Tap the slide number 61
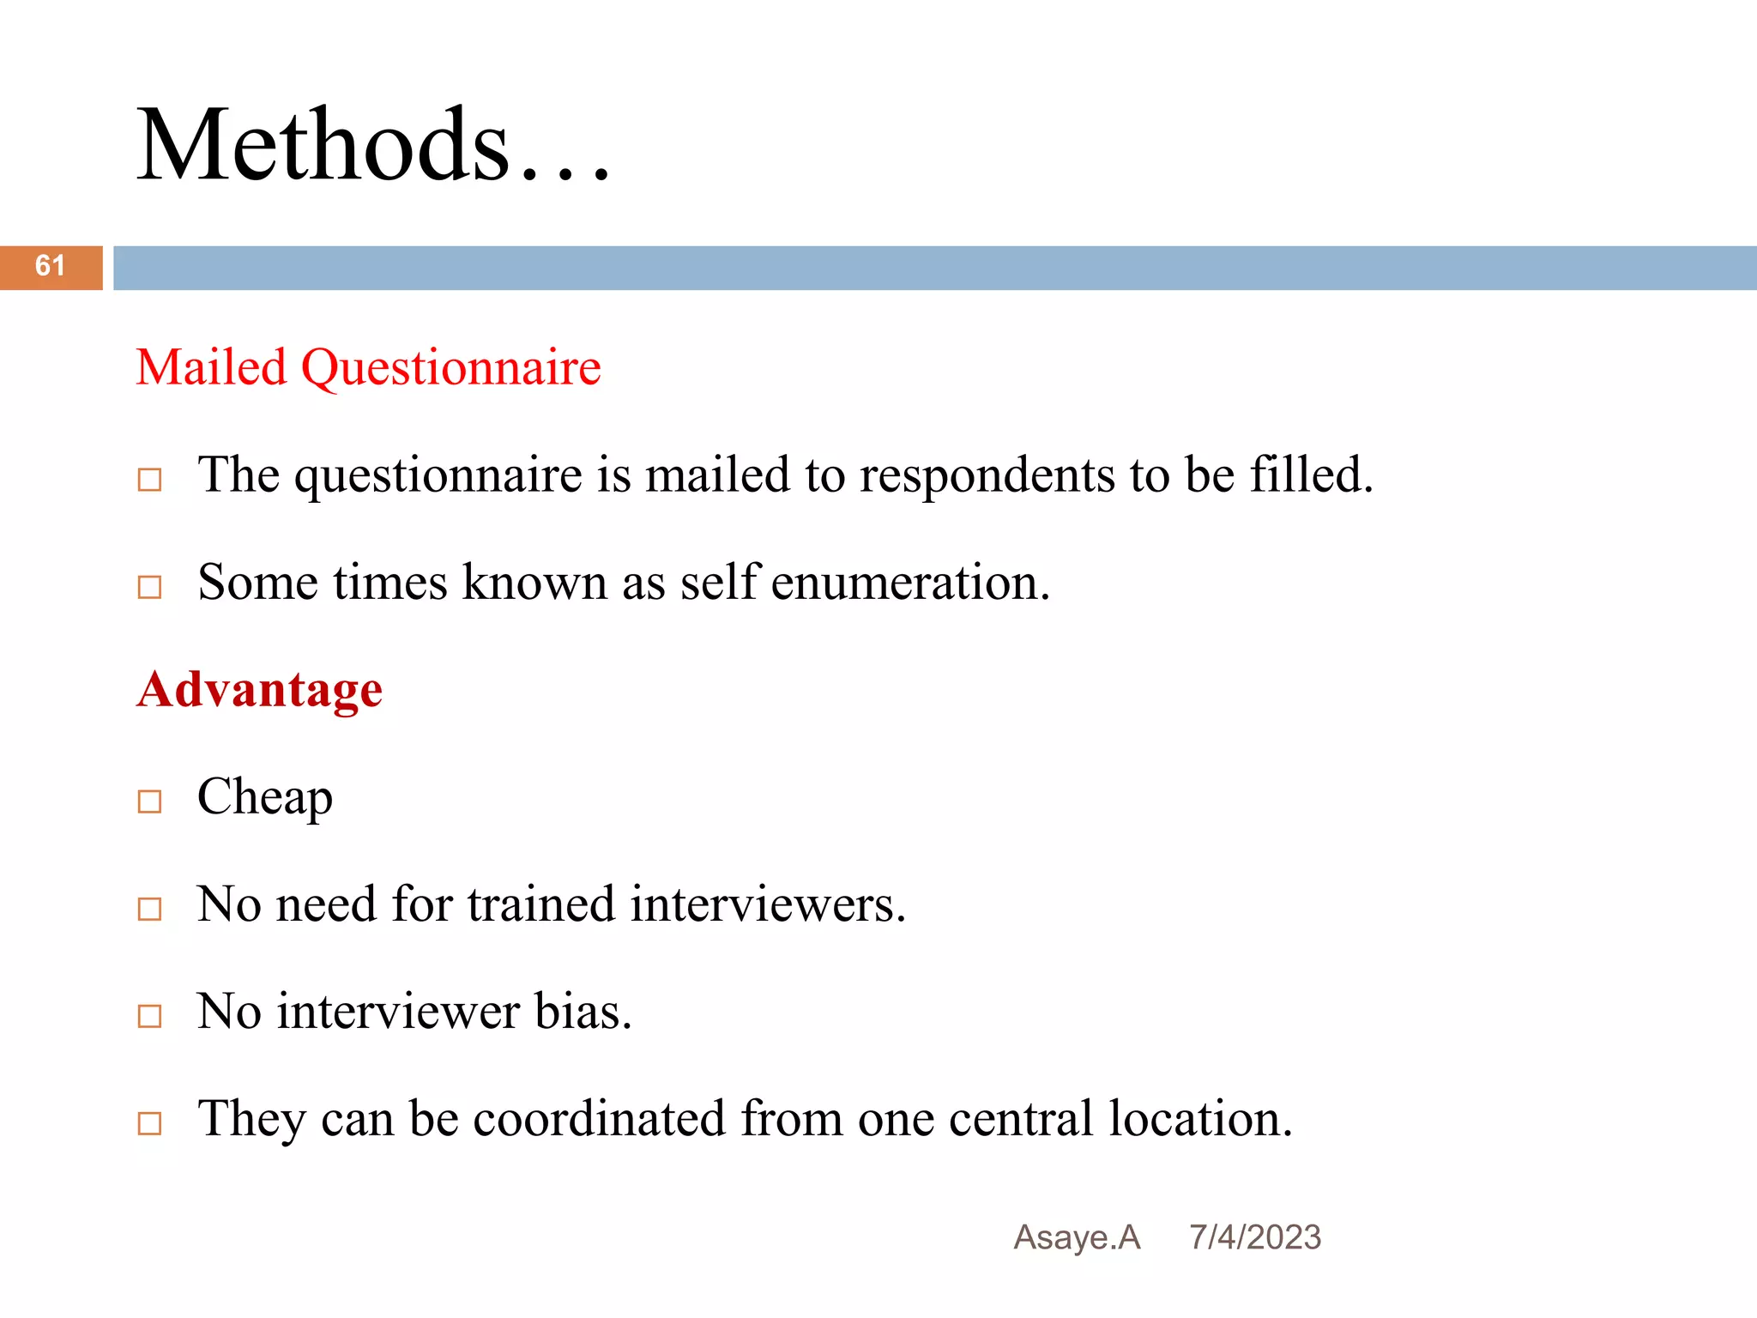(x=50, y=266)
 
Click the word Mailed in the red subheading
(x=211, y=368)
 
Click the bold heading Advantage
(x=259, y=690)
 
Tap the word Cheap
(x=264, y=798)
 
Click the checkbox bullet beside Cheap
(x=150, y=801)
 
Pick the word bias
(x=583, y=1012)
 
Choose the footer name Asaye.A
(x=1077, y=1237)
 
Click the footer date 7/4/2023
(x=1255, y=1237)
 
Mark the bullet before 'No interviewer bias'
(x=150, y=1016)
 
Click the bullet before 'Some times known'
(x=150, y=587)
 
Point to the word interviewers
(x=767, y=904)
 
